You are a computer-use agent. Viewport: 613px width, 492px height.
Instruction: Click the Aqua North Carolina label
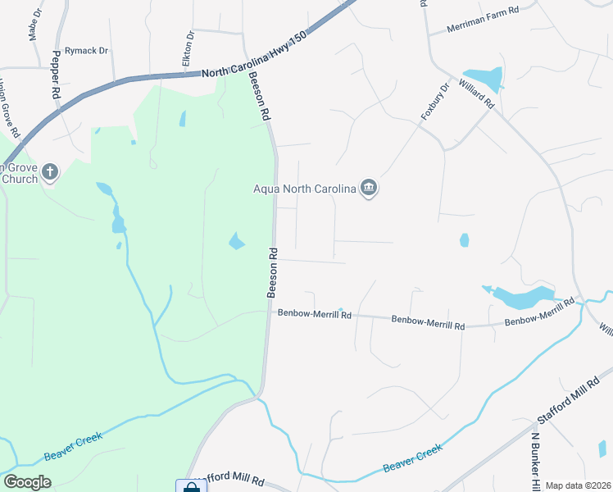tap(303, 189)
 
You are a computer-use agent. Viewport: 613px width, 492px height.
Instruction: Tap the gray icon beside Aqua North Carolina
tap(369, 189)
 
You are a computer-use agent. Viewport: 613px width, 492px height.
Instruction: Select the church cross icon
tap(51, 172)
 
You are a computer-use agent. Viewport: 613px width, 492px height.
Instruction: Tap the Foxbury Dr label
tap(436, 102)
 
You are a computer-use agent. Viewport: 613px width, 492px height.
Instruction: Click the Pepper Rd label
tap(57, 75)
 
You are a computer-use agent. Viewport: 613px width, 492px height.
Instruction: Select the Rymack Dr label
tap(87, 51)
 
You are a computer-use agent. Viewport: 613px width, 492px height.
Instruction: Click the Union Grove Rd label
tap(9, 107)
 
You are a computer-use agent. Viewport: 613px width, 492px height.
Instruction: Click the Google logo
tap(27, 482)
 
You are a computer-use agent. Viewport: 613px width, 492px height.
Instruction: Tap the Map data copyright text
tap(578, 485)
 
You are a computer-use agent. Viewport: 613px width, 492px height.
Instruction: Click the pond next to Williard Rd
tap(484, 80)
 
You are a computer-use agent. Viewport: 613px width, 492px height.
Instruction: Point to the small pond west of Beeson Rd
tap(236, 241)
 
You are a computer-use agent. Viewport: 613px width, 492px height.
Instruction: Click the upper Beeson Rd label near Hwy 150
tap(260, 97)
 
